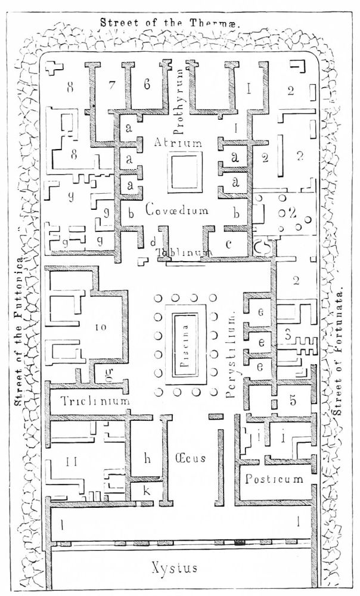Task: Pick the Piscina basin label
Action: [188, 344]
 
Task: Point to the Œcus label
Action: [191, 458]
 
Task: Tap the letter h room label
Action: [148, 458]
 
